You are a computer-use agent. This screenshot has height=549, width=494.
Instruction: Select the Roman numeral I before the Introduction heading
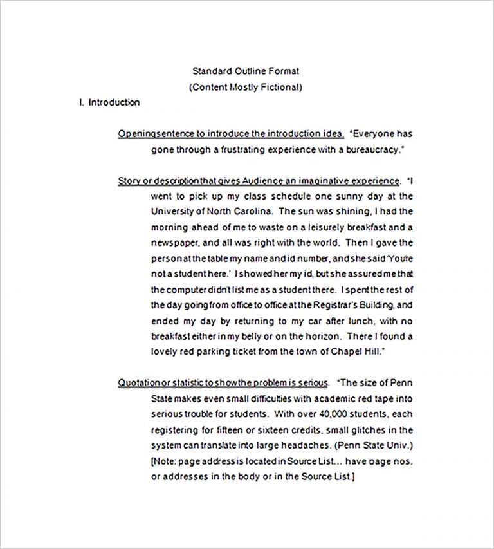click(81, 102)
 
